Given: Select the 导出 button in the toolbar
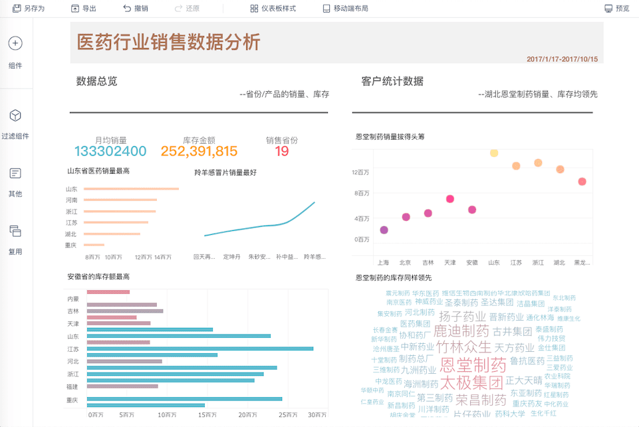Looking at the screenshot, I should tap(84, 9).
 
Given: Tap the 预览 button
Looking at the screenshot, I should tap(617, 9).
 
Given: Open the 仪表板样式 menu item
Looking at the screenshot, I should tap(273, 9).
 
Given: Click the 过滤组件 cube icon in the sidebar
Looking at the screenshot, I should tap(15, 116).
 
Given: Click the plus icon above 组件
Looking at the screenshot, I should tap(15, 44).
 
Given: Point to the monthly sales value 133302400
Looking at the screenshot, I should tap(110, 151).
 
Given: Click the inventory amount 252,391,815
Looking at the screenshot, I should tap(199, 151).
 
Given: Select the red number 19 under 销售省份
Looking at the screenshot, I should tap(282, 151).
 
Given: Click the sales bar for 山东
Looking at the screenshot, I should tap(132, 189).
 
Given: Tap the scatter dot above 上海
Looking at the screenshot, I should tap(384, 230).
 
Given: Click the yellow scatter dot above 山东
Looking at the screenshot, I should tap(494, 153).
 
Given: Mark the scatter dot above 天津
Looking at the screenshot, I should tap(450, 199).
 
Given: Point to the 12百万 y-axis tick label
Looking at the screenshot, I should tap(361, 172).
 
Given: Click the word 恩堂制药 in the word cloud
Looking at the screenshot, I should tap(473, 365).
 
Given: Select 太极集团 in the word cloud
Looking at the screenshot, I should tap(471, 383).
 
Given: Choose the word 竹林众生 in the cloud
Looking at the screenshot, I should tap(463, 347).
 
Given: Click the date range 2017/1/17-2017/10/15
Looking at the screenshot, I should tap(562, 59).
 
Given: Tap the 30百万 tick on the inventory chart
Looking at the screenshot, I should tap(315, 415).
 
